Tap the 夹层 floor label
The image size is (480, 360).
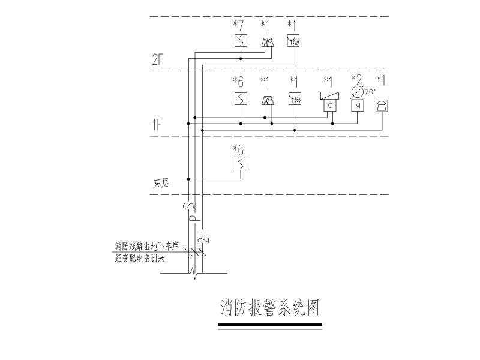(x=160, y=184)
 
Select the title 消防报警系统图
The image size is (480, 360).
(x=269, y=308)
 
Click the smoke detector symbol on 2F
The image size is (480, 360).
(x=241, y=41)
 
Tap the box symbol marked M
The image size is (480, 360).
(x=358, y=106)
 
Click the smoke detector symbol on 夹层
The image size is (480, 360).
(x=241, y=164)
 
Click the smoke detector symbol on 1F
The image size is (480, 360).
(x=241, y=98)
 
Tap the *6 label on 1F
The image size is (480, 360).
(x=239, y=82)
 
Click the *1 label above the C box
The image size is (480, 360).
(x=328, y=82)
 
